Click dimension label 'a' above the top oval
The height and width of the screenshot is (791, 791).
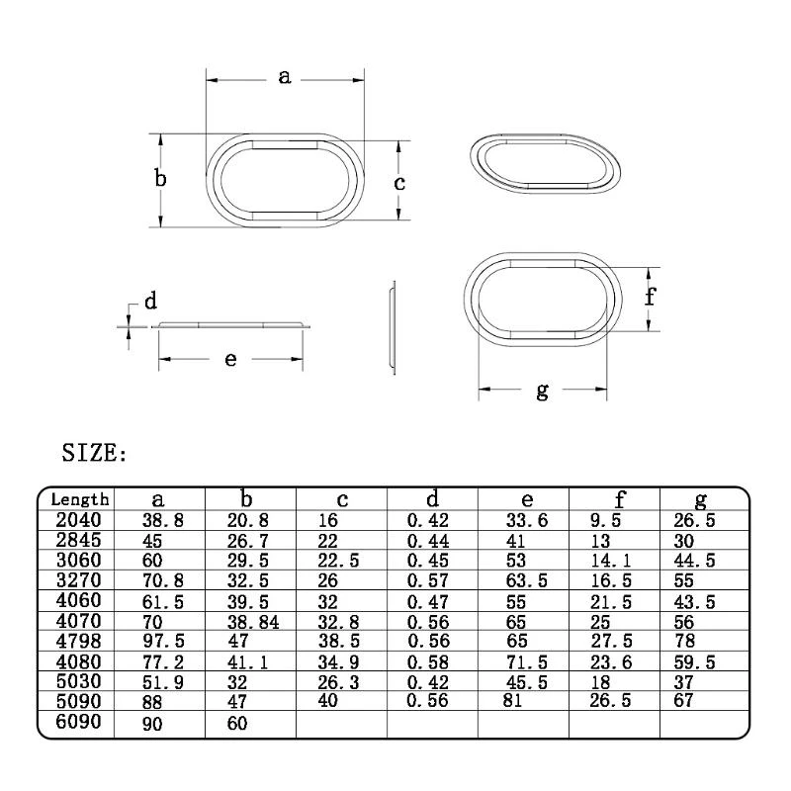tap(285, 76)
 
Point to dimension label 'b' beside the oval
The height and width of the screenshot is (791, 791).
tap(159, 179)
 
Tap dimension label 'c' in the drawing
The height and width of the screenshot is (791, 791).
tap(398, 183)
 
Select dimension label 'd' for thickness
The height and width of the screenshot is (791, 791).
tap(150, 302)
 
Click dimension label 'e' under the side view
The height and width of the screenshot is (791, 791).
tap(230, 359)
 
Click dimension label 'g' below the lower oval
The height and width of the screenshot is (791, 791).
tap(542, 392)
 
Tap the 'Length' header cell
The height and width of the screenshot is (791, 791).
tap(79, 500)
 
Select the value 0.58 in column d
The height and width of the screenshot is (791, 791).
tap(429, 662)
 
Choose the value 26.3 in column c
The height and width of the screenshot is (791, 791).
tap(340, 682)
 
